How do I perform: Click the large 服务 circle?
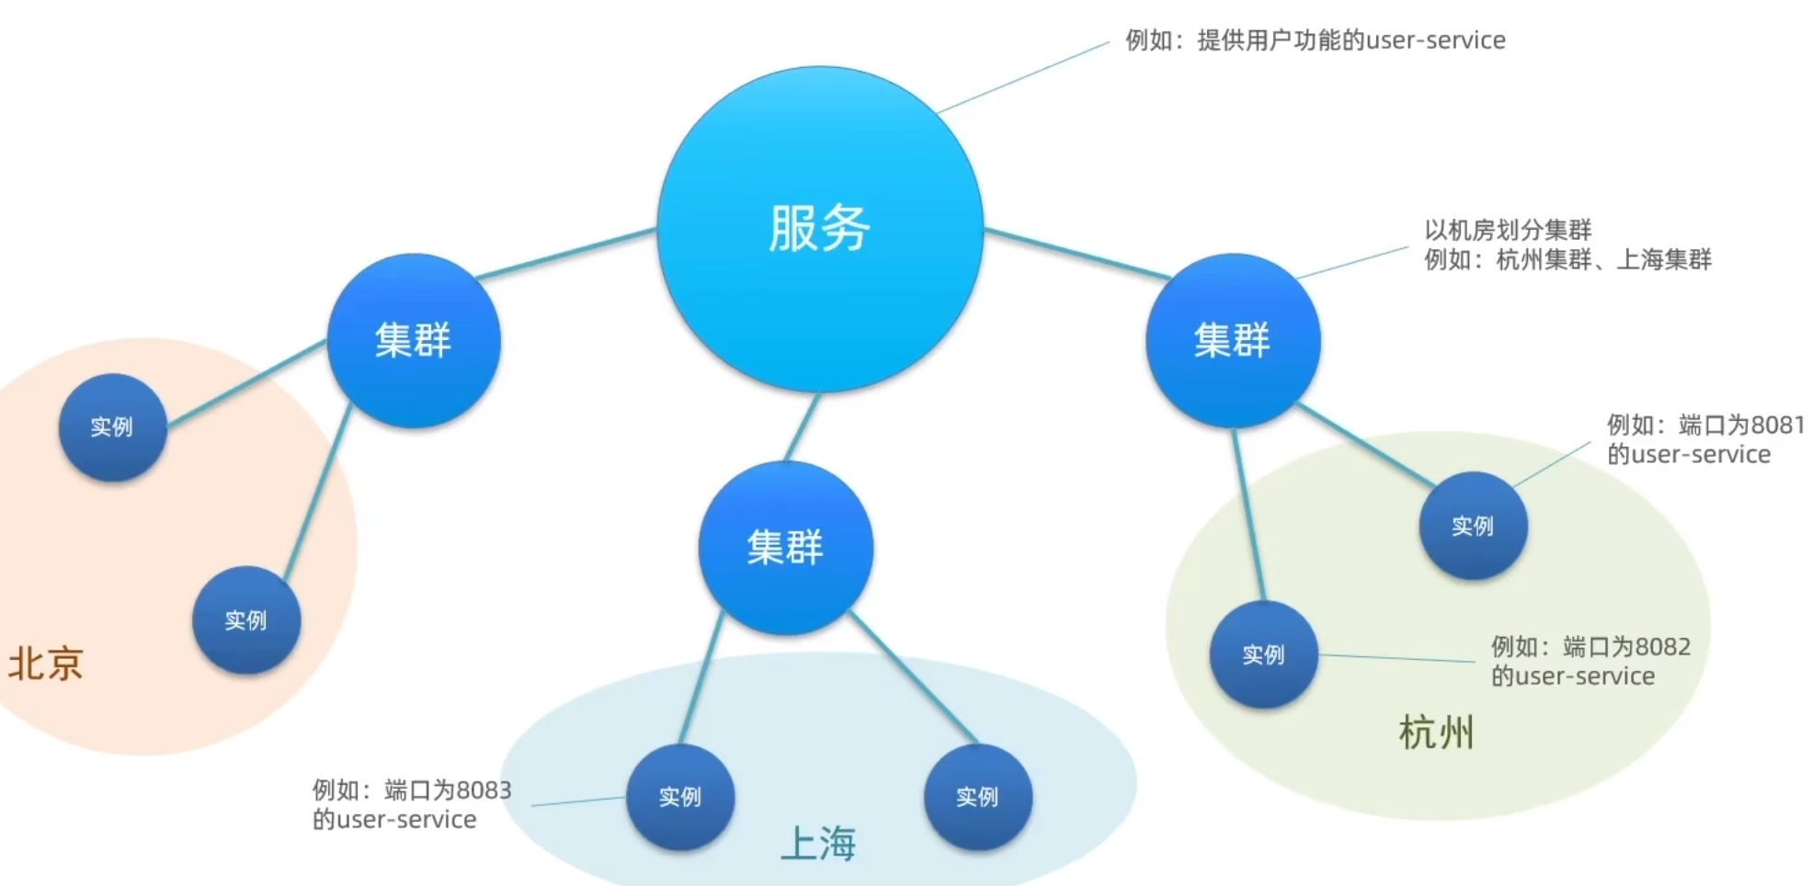[820, 229]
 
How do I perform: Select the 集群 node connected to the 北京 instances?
[414, 340]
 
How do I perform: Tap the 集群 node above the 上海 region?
[786, 548]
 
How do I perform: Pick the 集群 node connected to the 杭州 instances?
[1233, 340]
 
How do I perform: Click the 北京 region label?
[45, 664]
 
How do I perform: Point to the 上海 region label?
[818, 843]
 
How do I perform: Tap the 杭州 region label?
[1436, 733]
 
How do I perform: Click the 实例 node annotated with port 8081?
[1473, 526]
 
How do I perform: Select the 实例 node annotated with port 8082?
[1263, 654]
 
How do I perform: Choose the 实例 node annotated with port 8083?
[680, 797]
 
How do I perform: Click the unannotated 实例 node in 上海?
[977, 797]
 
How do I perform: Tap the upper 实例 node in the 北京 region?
[112, 426]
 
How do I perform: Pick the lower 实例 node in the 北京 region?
[246, 620]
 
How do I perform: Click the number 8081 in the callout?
[1778, 425]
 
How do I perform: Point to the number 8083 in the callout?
[484, 789]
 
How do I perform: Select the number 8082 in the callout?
[1663, 646]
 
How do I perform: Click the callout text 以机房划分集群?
[1508, 230]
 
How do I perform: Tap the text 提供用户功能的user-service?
[1351, 40]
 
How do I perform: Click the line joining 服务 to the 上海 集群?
[803, 427]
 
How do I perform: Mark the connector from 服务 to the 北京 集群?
[566, 254]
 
